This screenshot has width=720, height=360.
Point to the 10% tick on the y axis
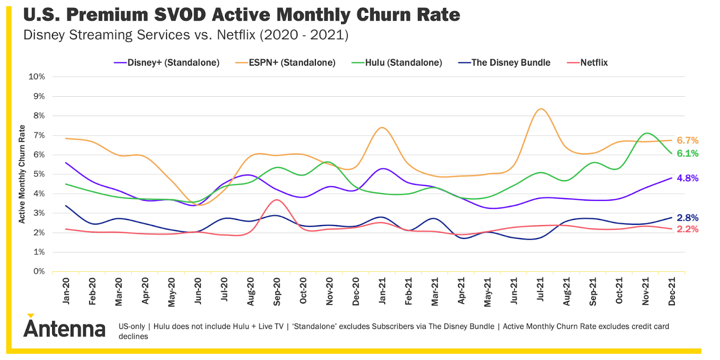(x=37, y=76)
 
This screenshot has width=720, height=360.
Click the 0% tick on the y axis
(x=39, y=271)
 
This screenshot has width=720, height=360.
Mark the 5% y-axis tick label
(x=39, y=174)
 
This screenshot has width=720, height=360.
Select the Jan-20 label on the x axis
(x=66, y=291)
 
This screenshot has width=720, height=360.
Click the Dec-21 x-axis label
(x=671, y=292)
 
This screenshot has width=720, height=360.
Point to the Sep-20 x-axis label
(x=277, y=292)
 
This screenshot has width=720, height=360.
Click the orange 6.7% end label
(x=688, y=140)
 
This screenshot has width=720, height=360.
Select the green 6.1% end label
(x=688, y=153)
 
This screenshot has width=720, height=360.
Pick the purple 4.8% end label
(x=688, y=178)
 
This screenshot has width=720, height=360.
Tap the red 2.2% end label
(x=688, y=229)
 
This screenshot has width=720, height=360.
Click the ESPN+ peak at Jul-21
(x=540, y=109)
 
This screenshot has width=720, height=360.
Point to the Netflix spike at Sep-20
(x=277, y=200)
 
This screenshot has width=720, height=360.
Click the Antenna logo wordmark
(x=64, y=328)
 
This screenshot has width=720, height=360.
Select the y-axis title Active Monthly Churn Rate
(x=22, y=174)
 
